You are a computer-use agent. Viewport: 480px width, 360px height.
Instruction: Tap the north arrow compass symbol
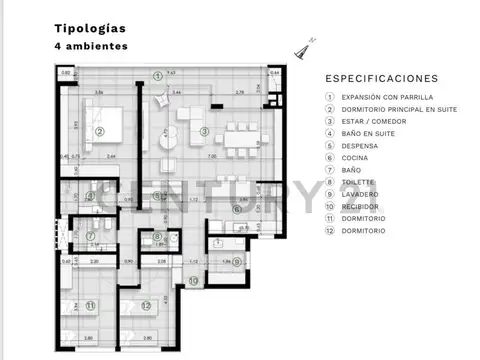[302, 45]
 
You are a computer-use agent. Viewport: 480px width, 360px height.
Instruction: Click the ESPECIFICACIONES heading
[382, 78]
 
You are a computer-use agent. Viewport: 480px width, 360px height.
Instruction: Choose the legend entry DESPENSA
[359, 146]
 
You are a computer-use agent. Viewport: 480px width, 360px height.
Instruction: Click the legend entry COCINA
[355, 158]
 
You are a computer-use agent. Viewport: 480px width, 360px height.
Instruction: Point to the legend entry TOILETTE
[358, 182]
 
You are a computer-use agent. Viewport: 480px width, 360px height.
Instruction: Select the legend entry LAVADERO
[359, 194]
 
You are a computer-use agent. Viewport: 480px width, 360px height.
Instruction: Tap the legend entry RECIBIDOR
[361, 207]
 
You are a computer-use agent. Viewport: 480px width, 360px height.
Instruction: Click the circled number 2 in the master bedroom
[100, 131]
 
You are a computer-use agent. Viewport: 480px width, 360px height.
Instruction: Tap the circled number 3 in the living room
[203, 131]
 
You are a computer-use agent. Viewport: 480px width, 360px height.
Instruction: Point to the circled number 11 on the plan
[90, 305]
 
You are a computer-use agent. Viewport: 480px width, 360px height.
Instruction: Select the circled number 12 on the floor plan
[146, 305]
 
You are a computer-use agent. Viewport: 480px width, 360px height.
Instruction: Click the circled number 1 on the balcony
[157, 76]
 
